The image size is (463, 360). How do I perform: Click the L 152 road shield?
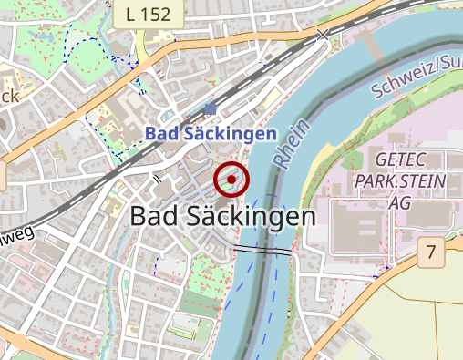(149, 14)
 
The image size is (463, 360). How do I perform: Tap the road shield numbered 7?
(430, 252)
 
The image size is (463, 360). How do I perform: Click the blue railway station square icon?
(211, 109)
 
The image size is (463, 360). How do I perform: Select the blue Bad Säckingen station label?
(211, 134)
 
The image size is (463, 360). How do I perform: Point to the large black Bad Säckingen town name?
(222, 217)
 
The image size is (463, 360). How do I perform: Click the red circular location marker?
(231, 180)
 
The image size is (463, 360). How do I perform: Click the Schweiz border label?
(416, 77)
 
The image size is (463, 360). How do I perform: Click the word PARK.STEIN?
(409, 181)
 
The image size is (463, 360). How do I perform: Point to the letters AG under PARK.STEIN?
(399, 204)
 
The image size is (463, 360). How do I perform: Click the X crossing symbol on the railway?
(322, 35)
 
